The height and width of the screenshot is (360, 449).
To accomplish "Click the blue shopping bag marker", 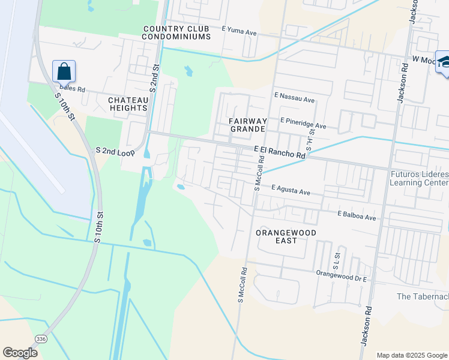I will pyautogui.click(x=64, y=71).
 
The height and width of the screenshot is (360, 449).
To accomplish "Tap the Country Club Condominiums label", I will pyautogui.click(x=176, y=32).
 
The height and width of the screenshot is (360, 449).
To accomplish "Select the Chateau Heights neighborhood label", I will pyautogui.click(x=128, y=104).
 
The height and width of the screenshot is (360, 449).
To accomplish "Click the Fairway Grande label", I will pyautogui.click(x=247, y=125).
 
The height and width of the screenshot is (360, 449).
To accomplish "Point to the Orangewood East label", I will pyautogui.click(x=276, y=236).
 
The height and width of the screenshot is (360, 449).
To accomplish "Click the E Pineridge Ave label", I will pyautogui.click(x=303, y=124).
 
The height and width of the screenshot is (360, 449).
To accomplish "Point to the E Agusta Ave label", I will pyautogui.click(x=290, y=190).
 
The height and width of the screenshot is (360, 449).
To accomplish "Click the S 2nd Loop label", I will pyautogui.click(x=115, y=152).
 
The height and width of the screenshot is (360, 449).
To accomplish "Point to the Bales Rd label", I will pyautogui.click(x=73, y=89).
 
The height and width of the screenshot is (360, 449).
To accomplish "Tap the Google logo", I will pyautogui.click(x=20, y=353).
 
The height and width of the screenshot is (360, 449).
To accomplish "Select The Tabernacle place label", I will pyautogui.click(x=423, y=296).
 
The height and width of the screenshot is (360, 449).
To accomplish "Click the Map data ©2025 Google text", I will pyautogui.click(x=411, y=355).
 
